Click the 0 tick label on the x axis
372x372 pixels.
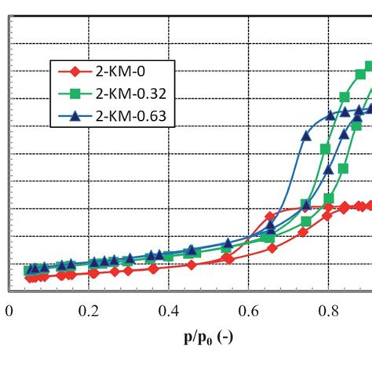9,312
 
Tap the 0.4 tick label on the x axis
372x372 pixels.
168,312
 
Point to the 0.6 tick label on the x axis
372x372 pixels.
249,312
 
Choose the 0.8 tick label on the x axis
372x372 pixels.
329,312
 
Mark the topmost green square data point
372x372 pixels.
367,67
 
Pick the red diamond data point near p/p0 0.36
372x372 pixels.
154,268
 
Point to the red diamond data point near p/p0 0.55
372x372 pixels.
228,257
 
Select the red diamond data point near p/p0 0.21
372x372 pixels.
94,273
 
